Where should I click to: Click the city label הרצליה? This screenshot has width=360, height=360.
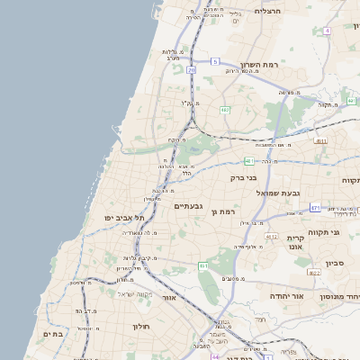pyautogui.click(x=268, y=11)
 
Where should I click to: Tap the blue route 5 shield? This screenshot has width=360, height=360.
pyautogui.click(x=215, y=61)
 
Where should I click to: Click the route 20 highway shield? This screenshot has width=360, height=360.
pyautogui.click(x=191, y=68)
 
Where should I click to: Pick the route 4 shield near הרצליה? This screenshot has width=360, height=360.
pyautogui.click(x=328, y=31)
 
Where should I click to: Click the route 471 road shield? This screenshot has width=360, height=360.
pyautogui.click(x=315, y=208)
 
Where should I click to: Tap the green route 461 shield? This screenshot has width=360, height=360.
pyautogui.click(x=203, y=266)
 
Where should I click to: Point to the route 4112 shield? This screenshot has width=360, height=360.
pyautogui.click(x=271, y=237)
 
